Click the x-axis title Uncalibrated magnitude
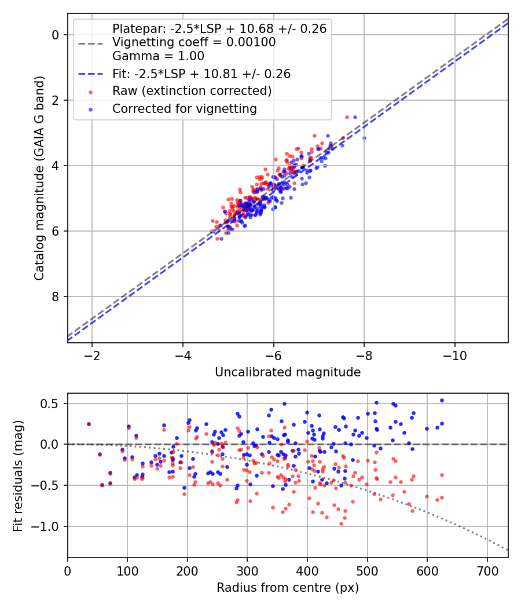click(288, 372)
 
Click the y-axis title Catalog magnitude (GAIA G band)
click(39, 176)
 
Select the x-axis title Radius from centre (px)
click(288, 588)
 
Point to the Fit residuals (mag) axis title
click(18, 475)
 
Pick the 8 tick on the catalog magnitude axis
click(56, 296)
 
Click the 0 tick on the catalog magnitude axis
click(56, 35)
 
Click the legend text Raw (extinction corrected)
click(192, 91)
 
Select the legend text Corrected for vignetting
click(184, 108)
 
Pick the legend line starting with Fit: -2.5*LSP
click(201, 74)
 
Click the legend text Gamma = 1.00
click(158, 56)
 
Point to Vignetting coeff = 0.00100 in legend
click(194, 42)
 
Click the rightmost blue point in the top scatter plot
click(364, 138)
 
